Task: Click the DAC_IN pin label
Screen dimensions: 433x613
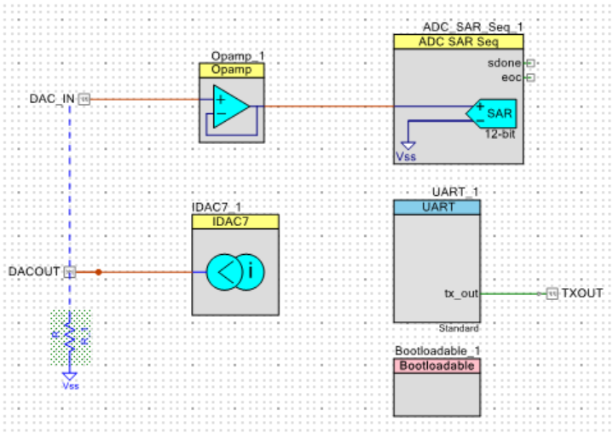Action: point(52,99)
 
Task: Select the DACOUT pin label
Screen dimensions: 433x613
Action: point(34,272)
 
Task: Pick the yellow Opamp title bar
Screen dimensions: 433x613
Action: point(233,70)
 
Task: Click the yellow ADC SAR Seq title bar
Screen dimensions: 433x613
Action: point(458,42)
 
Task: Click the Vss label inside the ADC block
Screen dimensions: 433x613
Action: point(406,157)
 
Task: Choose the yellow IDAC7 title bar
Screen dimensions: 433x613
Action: point(234,222)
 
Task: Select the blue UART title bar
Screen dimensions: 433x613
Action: point(436,207)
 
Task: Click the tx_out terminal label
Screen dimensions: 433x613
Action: point(461,293)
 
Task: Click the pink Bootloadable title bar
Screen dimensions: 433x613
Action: point(437,366)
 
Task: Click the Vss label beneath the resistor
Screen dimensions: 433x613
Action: point(70,385)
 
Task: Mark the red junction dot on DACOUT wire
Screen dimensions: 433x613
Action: point(98,272)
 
